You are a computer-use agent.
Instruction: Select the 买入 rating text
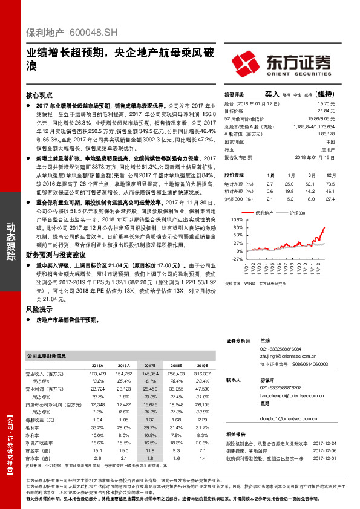272,94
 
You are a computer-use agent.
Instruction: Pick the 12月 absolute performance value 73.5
330,183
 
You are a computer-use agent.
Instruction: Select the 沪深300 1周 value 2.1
270,198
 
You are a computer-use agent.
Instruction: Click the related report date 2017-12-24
332,443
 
